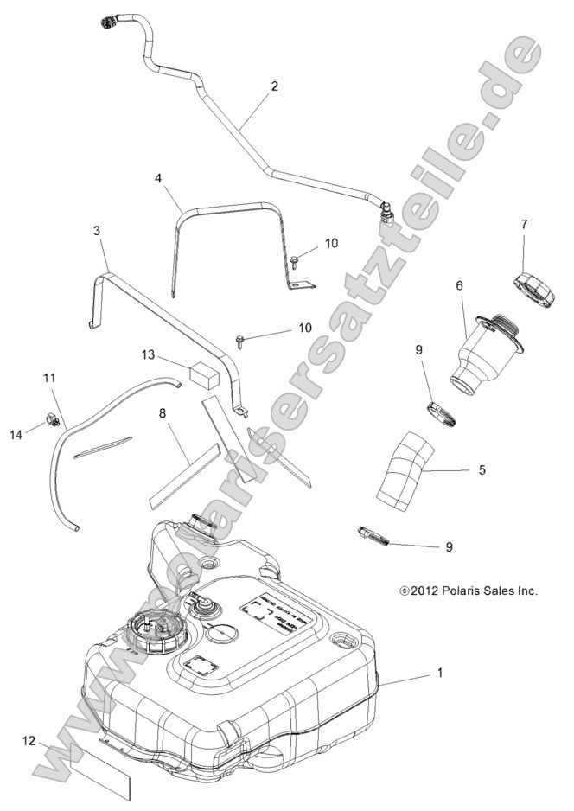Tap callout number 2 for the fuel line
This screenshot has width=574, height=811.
point(274,86)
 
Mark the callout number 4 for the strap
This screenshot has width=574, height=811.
point(158,178)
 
